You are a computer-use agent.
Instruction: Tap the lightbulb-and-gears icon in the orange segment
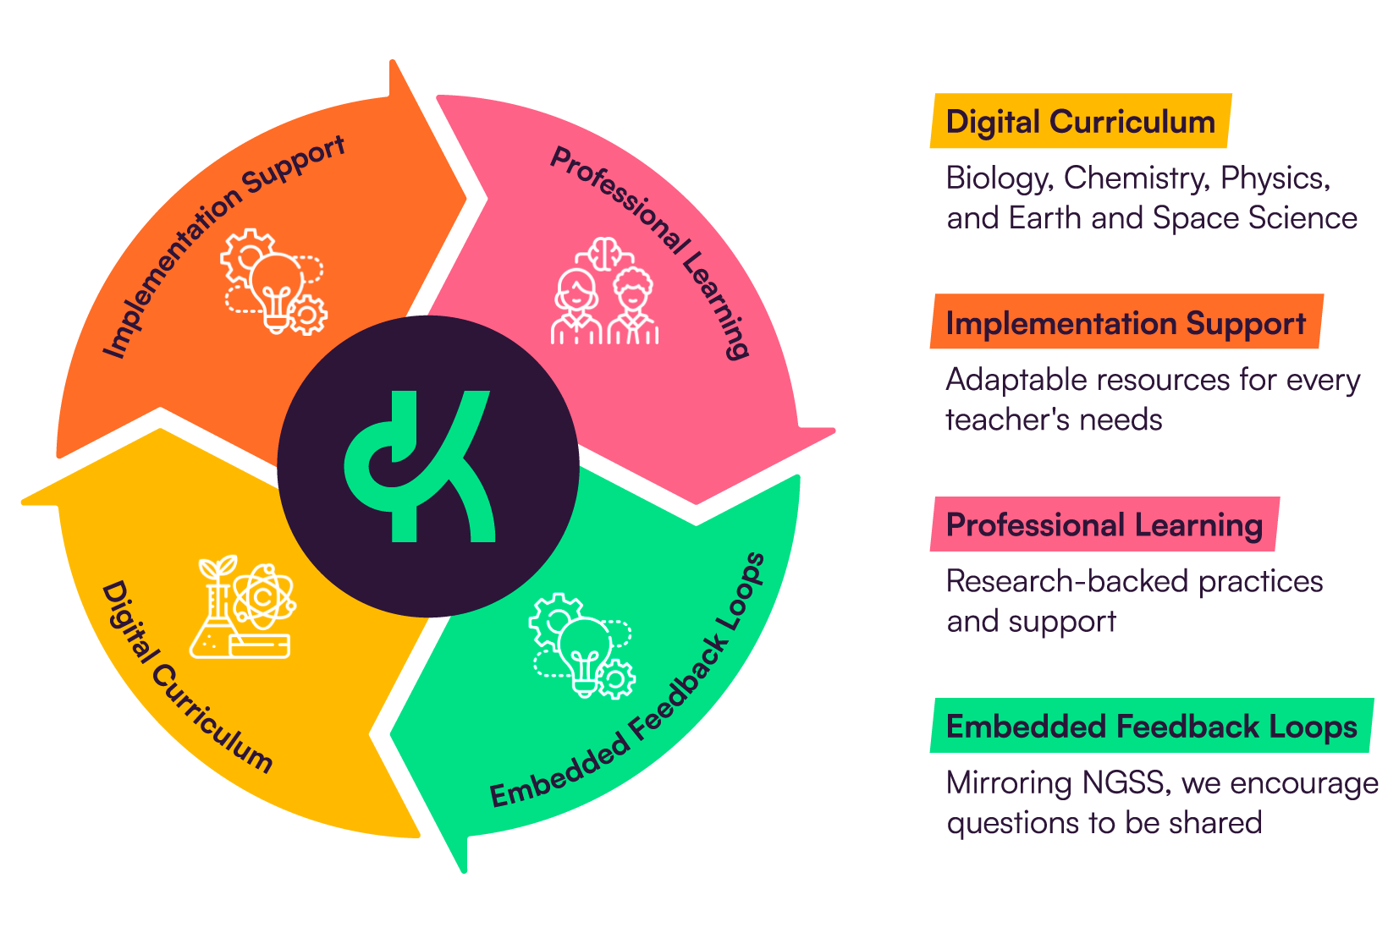(273, 282)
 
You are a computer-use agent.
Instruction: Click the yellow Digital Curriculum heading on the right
(1080, 122)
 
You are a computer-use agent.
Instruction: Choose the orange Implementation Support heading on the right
(1126, 323)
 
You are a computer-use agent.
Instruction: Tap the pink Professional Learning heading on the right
(1104, 524)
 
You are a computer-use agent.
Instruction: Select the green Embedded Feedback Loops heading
(1151, 727)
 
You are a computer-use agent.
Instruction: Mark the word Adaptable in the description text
(1016, 380)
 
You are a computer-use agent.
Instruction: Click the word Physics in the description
(1275, 178)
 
